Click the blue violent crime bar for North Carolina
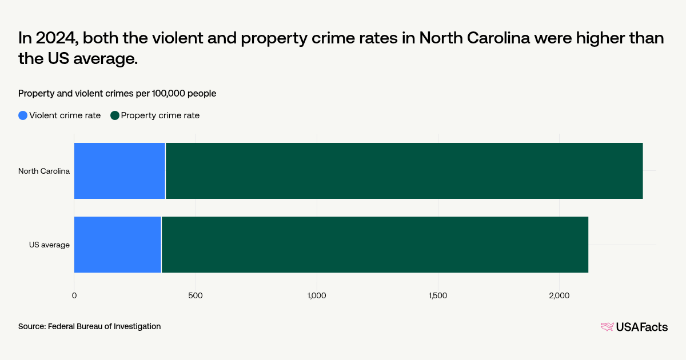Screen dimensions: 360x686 [119, 171]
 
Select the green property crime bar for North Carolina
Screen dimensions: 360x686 [404, 171]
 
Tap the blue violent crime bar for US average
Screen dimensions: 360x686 [117, 245]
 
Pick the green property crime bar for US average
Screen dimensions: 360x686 [374, 245]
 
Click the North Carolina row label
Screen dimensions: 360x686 [44, 171]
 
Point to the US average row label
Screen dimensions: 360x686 [50, 245]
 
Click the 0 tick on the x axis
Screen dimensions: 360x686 [74, 295]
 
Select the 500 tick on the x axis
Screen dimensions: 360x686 [196, 295]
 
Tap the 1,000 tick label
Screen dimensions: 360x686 [317, 295]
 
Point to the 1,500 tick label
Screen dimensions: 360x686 [438, 295]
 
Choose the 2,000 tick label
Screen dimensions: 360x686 [559, 295]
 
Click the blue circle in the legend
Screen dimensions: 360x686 [23, 115]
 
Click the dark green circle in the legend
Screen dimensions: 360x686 [115, 115]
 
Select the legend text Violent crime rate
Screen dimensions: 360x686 [65, 115]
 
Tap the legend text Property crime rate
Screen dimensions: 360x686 [160, 115]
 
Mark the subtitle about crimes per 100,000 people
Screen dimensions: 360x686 [117, 93]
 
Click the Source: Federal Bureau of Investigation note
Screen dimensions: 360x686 [89, 326]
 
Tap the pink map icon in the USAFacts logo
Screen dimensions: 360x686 [607, 327]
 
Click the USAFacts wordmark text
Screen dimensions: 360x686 [641, 327]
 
